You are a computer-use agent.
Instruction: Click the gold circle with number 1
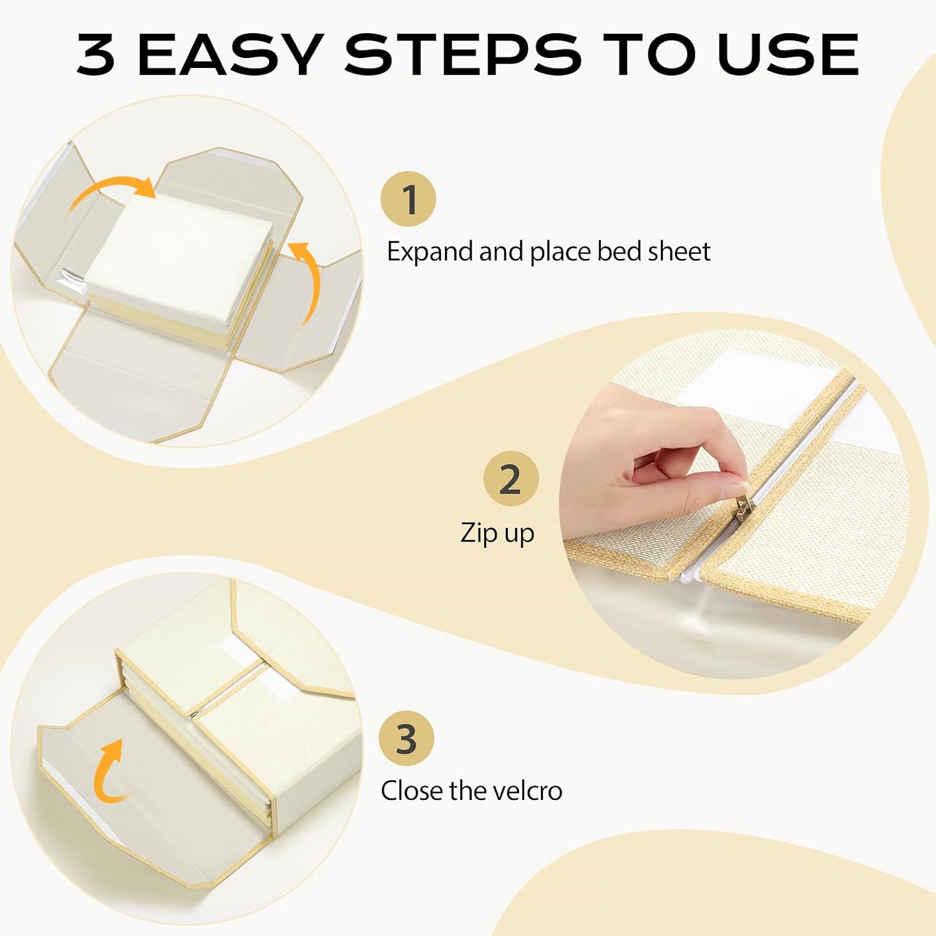coord(409,199)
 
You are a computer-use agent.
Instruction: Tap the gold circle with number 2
coord(511,479)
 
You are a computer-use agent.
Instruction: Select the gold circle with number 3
coord(407,738)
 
